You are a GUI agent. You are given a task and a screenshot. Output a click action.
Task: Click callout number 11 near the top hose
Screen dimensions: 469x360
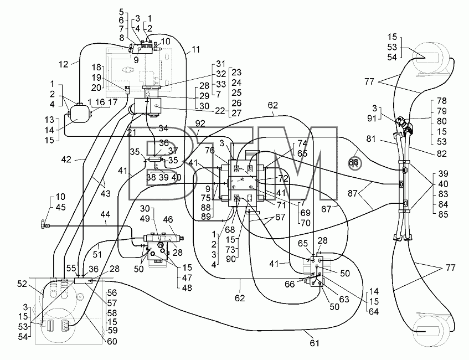[195, 49]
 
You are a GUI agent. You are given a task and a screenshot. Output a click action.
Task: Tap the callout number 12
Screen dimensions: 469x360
[64, 64]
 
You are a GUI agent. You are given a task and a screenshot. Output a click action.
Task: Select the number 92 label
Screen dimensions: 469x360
[200, 124]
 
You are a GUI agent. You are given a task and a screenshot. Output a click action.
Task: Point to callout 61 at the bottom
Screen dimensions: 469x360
[314, 343]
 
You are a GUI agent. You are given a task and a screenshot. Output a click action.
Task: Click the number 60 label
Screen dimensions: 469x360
[112, 342]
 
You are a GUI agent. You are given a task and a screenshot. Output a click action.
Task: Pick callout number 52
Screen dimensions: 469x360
[22, 284]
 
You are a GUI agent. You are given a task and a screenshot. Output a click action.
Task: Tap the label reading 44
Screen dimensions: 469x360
[105, 214]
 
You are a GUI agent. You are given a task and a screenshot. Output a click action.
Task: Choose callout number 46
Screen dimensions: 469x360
[168, 219]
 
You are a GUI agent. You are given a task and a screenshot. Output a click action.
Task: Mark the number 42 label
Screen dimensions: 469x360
[66, 160]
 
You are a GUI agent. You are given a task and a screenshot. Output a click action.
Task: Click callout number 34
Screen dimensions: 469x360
[163, 128]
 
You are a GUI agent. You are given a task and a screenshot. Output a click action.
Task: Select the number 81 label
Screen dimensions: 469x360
[371, 139]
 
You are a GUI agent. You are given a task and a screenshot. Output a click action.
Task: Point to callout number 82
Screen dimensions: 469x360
[441, 153]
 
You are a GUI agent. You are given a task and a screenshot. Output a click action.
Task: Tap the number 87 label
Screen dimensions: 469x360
[353, 194]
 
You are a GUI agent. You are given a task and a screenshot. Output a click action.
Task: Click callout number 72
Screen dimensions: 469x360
[282, 179]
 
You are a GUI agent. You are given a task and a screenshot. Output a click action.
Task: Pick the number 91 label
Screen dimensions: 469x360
[372, 119]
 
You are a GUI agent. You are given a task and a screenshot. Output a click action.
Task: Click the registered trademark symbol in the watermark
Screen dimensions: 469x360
[355, 163]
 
